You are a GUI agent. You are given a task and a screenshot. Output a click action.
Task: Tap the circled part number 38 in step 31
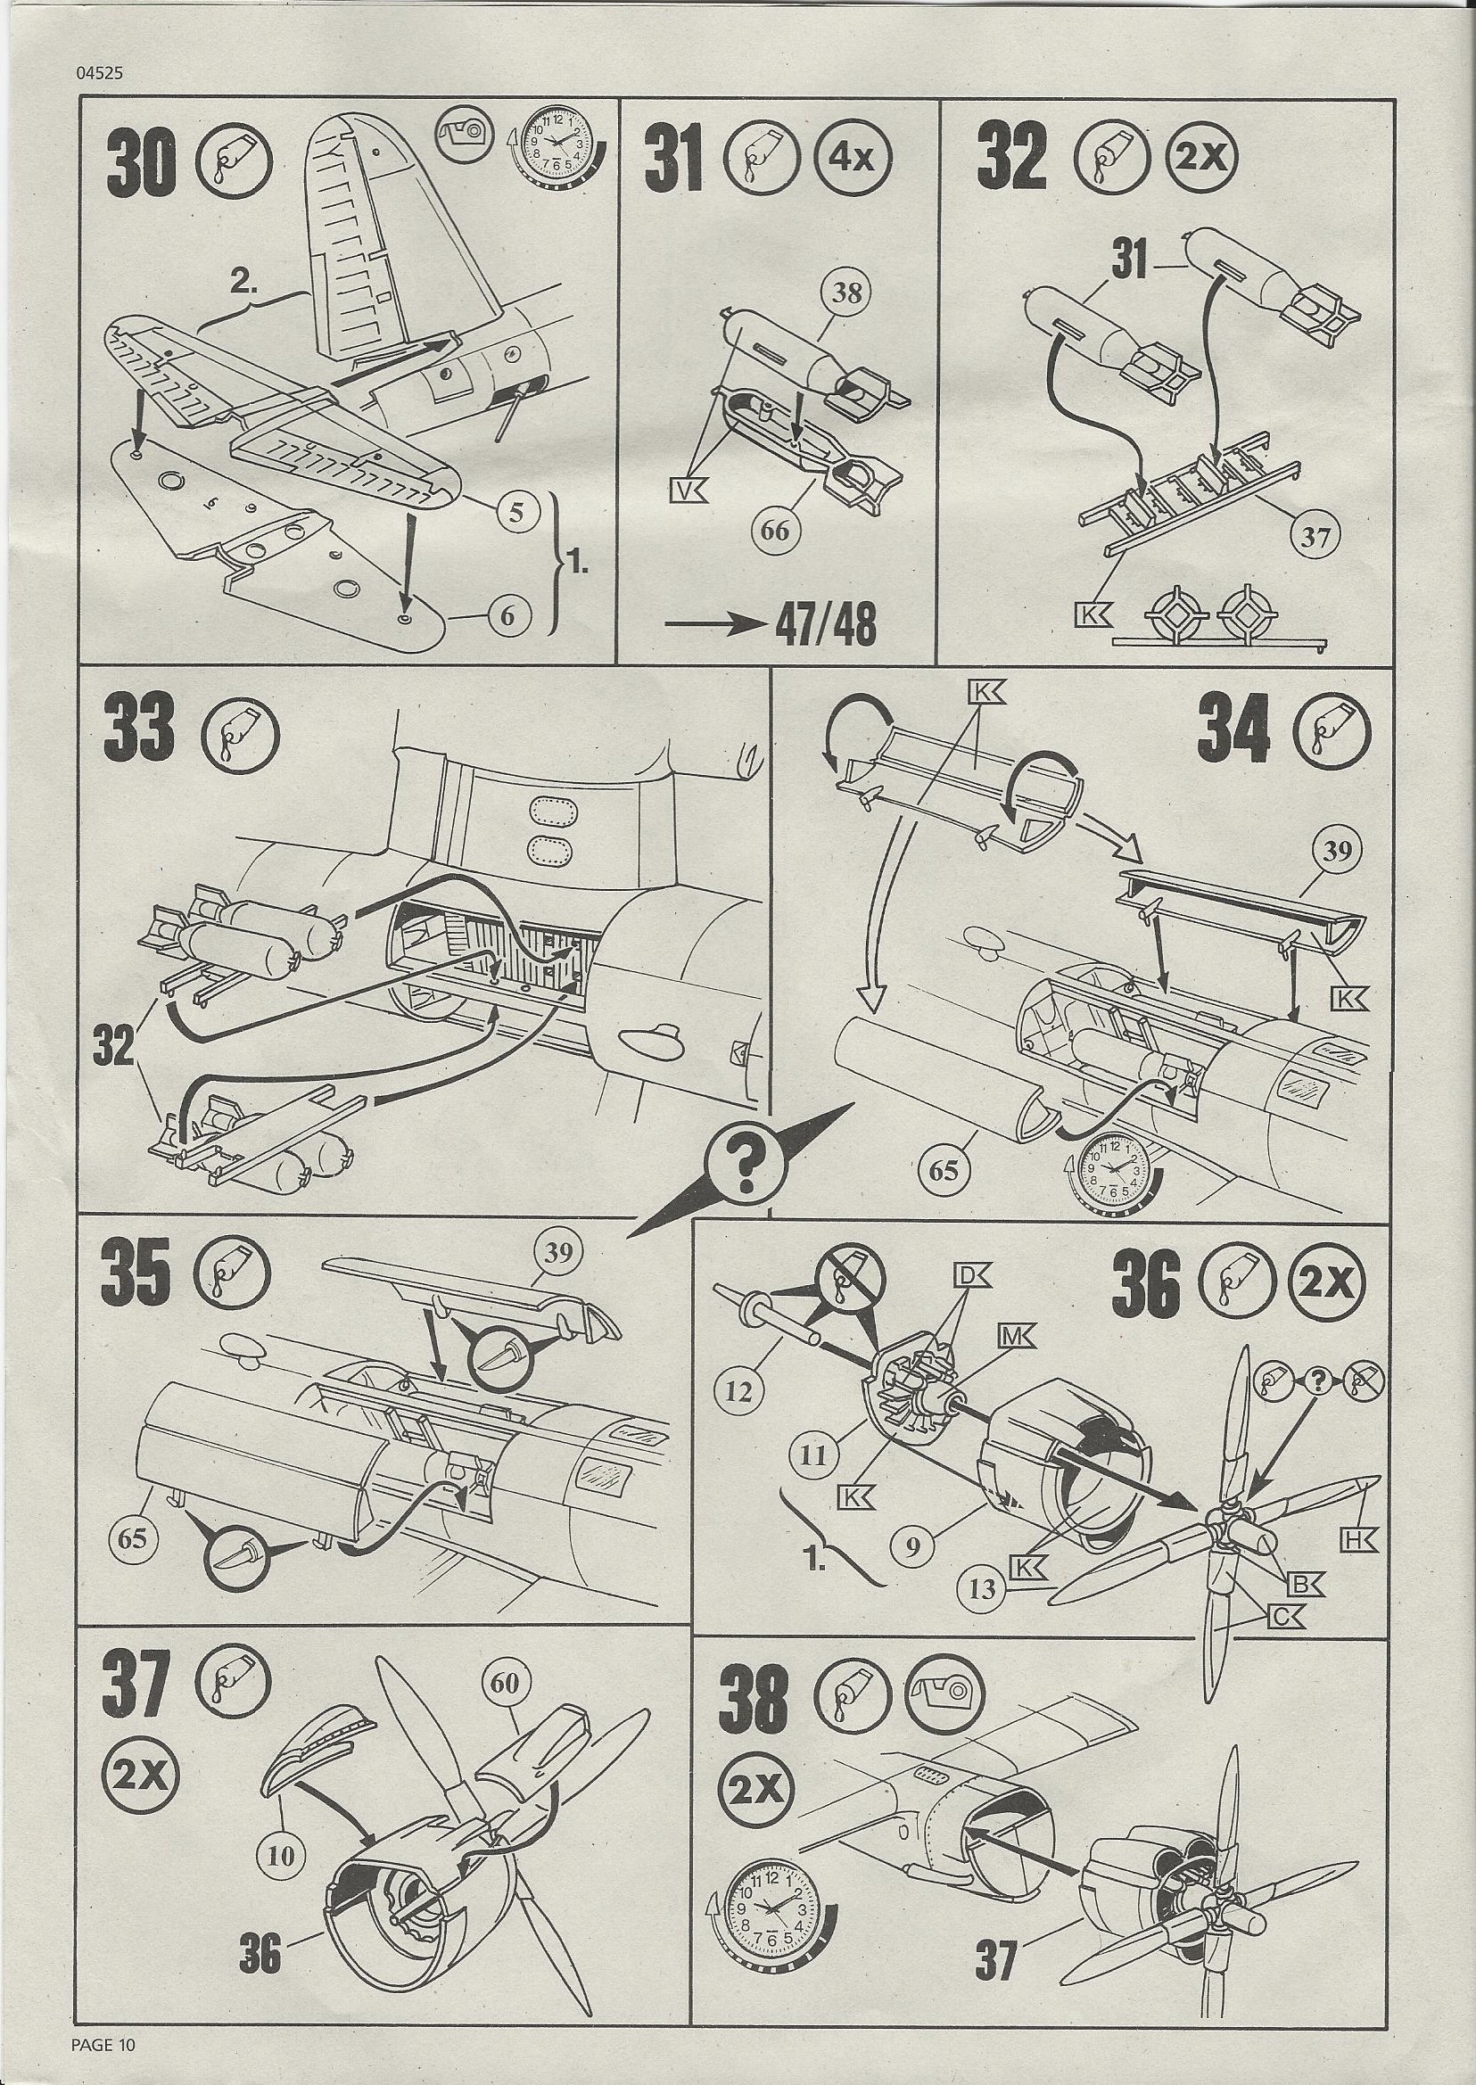coord(846,293)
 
